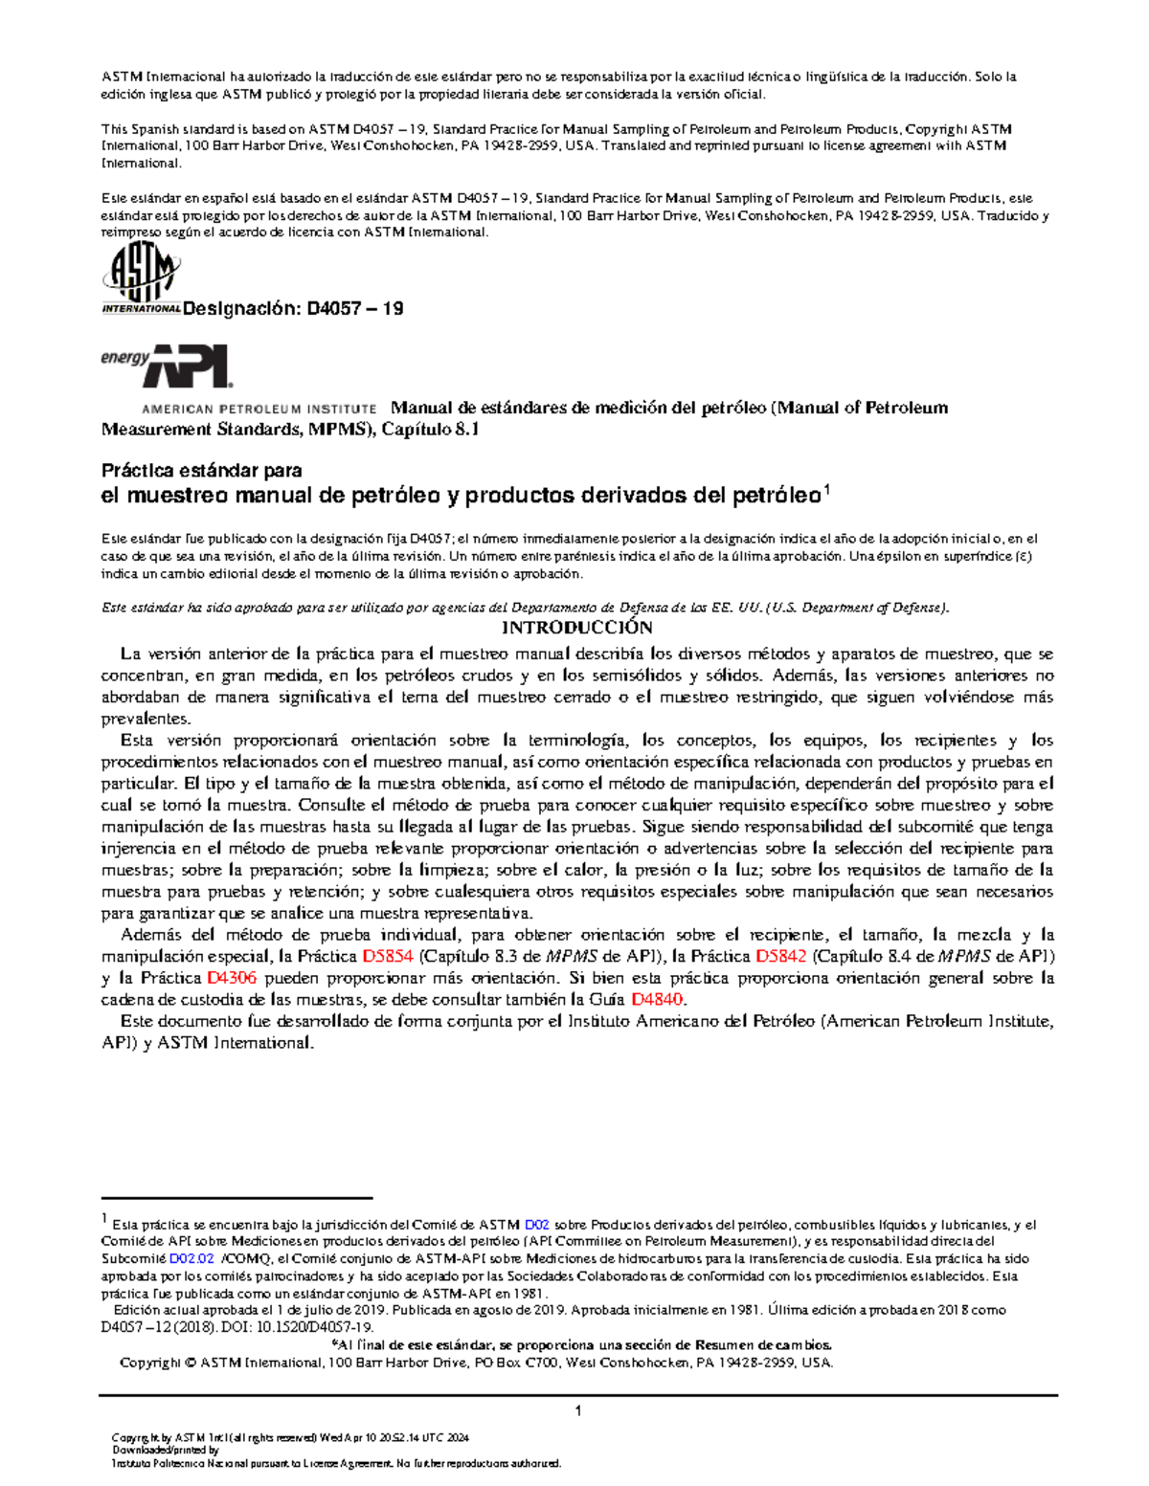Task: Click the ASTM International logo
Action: (141, 278)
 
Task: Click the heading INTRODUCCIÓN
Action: (577, 629)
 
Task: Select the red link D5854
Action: (387, 957)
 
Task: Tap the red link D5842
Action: (780, 957)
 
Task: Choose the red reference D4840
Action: (658, 1000)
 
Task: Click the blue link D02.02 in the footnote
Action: (191, 1259)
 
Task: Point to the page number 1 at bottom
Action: (577, 1410)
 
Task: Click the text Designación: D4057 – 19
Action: (292, 309)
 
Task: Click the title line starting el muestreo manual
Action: (460, 496)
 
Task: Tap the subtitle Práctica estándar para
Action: (201, 471)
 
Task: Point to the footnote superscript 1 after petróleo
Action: (827, 490)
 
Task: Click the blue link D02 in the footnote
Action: (536, 1225)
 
